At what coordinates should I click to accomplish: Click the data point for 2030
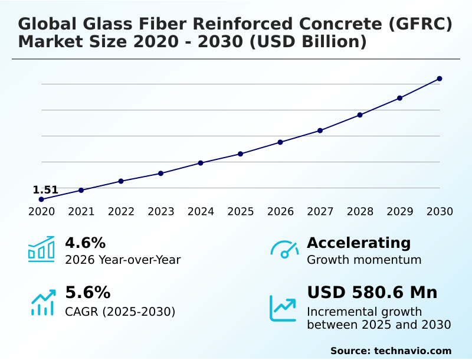tap(440, 78)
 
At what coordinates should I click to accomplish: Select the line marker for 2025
tap(241, 154)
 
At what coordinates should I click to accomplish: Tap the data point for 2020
tap(41, 199)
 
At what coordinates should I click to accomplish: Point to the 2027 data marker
tap(320, 130)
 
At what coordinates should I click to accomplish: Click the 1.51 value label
tap(45, 190)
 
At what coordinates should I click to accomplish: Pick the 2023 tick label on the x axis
tap(161, 212)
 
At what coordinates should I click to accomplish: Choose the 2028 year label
tap(360, 212)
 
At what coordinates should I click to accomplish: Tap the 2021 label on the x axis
tap(81, 212)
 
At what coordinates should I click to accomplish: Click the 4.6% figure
tap(85, 243)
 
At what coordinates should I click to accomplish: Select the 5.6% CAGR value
tap(87, 293)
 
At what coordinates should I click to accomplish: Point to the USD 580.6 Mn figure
tap(372, 293)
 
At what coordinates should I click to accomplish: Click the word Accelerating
tap(359, 243)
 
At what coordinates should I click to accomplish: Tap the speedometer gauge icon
tap(284, 249)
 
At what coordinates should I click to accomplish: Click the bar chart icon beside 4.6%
tap(41, 249)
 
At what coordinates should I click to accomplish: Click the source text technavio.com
tap(412, 351)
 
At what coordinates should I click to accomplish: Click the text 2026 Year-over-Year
tap(123, 260)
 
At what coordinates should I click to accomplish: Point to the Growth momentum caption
tap(364, 260)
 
